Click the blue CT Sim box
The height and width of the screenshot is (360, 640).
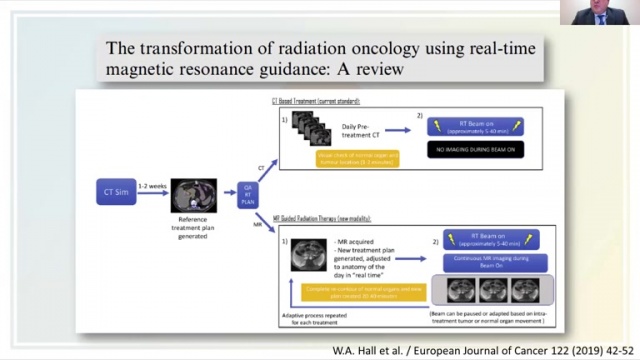coord(115,191)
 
